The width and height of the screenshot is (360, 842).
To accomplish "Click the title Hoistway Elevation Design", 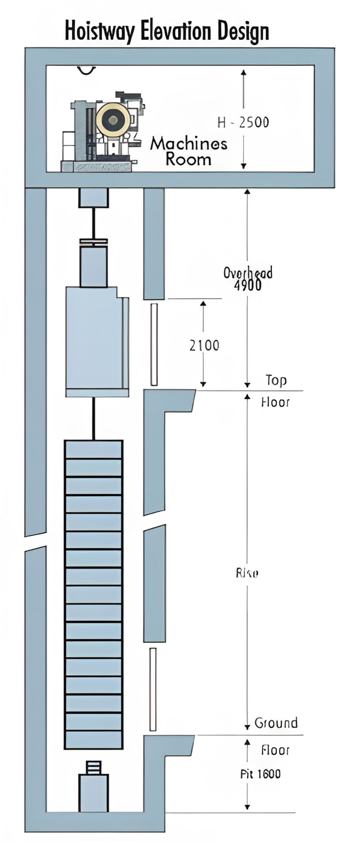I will coord(167,31).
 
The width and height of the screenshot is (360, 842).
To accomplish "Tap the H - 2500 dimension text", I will coord(243,122).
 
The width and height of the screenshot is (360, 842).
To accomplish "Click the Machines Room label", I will coord(188,151).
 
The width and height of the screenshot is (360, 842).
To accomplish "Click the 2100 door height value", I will coord(204,345).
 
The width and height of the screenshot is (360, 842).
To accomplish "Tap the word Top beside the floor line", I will coord(276,380).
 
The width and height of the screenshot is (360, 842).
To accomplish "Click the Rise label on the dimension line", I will coord(247,573).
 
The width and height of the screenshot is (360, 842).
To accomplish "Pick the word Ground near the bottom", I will coord(276,723).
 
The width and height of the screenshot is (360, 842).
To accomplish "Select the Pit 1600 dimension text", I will coord(260,774).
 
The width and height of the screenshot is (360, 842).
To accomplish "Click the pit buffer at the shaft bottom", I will coord(93,789).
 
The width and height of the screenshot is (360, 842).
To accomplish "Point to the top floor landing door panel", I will coord(154,344).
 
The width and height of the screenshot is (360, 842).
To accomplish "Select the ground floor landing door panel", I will coord(153,689).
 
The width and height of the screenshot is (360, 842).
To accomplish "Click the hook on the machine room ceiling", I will coord(86,70).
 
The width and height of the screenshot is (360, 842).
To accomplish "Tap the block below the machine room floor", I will coord(93,197).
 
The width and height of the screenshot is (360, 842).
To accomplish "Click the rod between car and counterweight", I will coord(93,418).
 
